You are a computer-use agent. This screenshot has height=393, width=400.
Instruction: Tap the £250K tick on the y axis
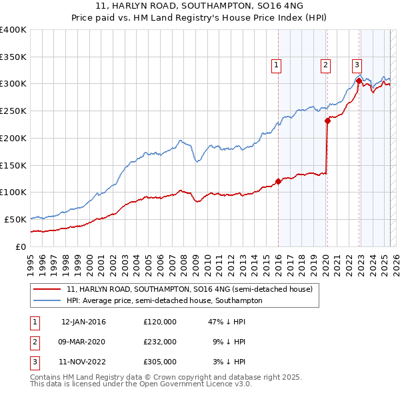13,111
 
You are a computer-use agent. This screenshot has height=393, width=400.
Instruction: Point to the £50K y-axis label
15,219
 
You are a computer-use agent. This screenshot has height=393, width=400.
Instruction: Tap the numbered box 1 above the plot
276,65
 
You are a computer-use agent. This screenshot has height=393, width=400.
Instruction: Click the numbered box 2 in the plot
325,65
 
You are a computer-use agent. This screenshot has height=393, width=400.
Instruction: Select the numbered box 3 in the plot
357,65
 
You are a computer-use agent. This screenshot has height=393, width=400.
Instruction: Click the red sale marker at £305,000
359,81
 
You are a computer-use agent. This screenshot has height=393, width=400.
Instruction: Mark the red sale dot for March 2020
327,121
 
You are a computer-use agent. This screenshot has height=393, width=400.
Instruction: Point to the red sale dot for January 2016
278,181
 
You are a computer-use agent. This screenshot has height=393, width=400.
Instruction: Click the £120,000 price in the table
160,322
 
